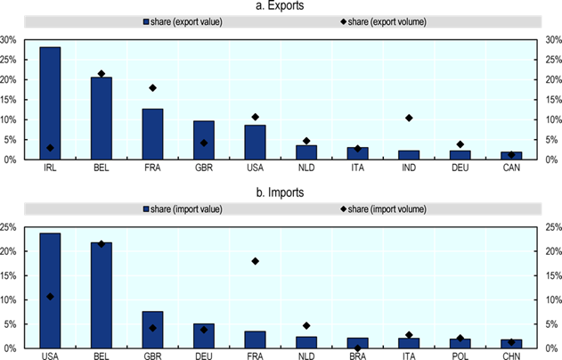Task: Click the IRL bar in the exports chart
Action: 50,103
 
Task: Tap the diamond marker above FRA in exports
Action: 152,88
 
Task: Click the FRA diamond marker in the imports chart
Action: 255,261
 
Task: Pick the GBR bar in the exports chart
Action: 204,140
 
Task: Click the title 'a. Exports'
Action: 281,7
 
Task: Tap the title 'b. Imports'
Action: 281,192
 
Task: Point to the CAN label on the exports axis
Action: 511,168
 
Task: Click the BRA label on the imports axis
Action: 358,356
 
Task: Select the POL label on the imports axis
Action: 460,356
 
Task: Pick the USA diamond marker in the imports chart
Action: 50,297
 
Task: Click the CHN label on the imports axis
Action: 511,356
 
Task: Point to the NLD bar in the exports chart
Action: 306,152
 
